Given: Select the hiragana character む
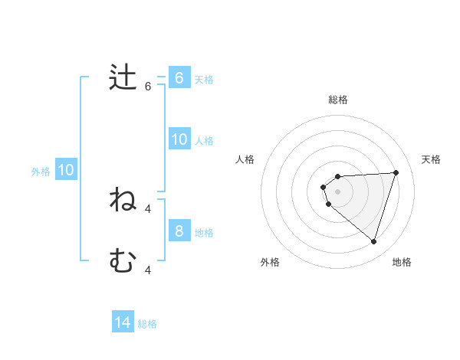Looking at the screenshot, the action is (x=123, y=262).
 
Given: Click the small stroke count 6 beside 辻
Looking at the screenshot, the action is (x=148, y=87).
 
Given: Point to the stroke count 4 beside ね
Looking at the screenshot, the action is (x=148, y=208).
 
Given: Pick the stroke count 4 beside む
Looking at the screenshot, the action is (x=148, y=270).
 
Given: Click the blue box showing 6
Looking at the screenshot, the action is (x=179, y=77).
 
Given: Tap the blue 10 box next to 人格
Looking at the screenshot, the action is (x=179, y=139).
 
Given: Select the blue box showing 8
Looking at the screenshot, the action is (x=179, y=231).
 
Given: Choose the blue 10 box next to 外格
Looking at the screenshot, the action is (x=65, y=170).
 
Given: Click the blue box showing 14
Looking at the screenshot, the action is (x=123, y=322).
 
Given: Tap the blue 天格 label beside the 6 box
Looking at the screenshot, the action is (x=204, y=79).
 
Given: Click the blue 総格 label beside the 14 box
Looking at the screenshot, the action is (x=147, y=324).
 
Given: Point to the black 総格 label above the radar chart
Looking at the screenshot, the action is (x=338, y=100).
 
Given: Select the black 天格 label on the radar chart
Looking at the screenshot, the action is (x=431, y=159).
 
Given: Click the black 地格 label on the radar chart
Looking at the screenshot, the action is (x=402, y=262).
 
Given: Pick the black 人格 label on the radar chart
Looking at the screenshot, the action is (x=245, y=159).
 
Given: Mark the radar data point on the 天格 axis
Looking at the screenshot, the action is (x=396, y=172).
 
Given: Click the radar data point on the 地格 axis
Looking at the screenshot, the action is (x=373, y=241).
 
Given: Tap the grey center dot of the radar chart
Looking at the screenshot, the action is (x=337, y=191).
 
